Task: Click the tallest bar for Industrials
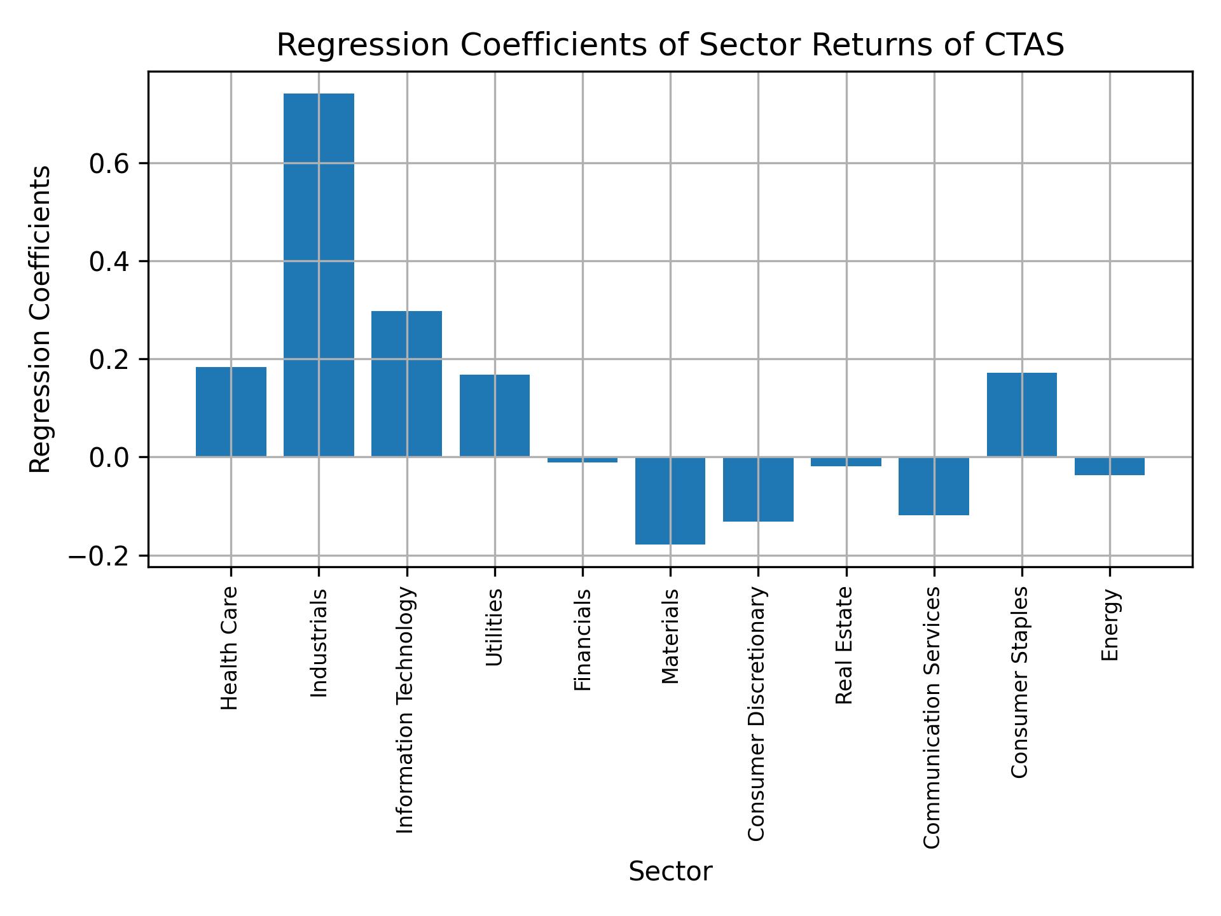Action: (319, 275)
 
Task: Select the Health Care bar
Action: (231, 412)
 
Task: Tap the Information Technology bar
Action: (406, 384)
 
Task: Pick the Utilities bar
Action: (494, 415)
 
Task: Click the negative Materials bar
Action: (670, 501)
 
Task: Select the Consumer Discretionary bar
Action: (758, 489)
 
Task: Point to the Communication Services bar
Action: (934, 486)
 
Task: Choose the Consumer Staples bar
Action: (1021, 414)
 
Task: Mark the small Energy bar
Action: (1110, 466)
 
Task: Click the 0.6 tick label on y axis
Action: (109, 164)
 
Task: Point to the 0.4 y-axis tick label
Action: (109, 262)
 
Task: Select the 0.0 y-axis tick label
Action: (109, 458)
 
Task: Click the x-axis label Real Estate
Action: (844, 646)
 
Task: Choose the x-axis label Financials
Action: (583, 640)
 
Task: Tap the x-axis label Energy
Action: (1110, 625)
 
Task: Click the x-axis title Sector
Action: (670, 871)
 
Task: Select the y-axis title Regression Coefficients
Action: (41, 319)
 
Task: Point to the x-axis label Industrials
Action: (319, 643)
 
